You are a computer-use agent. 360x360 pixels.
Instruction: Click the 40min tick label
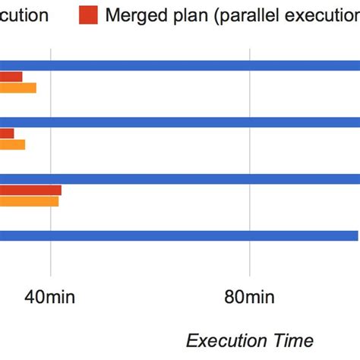click(50, 295)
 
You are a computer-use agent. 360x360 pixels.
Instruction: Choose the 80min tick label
click(249, 295)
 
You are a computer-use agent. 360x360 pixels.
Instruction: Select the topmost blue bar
click(180, 65)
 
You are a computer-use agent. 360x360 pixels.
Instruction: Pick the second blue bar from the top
click(180, 122)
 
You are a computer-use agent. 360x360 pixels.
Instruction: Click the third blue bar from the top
click(180, 179)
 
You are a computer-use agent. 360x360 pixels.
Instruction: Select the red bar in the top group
click(11, 77)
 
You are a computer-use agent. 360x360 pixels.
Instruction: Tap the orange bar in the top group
click(17, 87)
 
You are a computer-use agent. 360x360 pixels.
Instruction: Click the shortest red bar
click(7, 134)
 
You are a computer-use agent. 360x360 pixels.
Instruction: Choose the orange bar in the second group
click(12, 144)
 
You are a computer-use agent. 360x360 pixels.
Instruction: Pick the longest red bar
click(30, 190)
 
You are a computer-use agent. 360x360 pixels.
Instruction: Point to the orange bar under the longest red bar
click(29, 201)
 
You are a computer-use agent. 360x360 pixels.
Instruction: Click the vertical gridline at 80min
click(250, 152)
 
